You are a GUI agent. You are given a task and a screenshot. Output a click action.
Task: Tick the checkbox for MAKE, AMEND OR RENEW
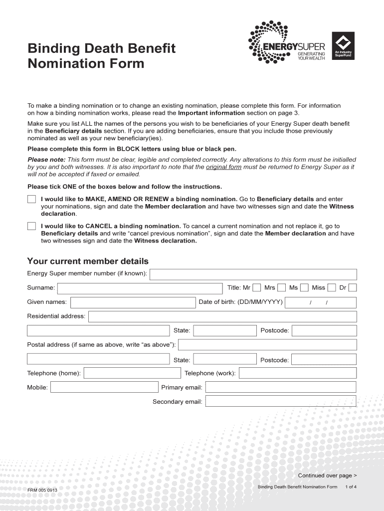point(31,199)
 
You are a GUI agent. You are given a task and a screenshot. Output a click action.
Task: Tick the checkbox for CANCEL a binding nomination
point(31,226)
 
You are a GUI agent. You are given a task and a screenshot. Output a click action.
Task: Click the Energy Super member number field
point(253,274)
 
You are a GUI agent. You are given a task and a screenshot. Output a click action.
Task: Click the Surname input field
point(140,288)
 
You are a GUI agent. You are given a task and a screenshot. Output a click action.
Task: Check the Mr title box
point(256,287)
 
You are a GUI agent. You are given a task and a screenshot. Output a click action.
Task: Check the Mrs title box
point(281,287)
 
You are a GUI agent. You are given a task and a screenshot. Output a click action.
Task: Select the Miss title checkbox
point(332,287)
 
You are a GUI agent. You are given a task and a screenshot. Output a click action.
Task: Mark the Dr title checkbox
point(353,287)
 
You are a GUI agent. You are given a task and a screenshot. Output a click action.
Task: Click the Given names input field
point(133,302)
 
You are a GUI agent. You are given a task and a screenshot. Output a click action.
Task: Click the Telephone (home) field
point(132,373)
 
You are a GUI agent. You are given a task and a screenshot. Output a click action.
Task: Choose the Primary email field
point(281,387)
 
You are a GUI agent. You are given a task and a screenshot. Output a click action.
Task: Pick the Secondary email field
point(281,401)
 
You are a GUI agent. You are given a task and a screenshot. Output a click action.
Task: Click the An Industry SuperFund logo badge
point(343,46)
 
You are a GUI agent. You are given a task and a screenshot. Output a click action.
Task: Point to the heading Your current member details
point(88,261)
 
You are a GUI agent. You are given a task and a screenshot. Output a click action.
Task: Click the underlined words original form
point(223,167)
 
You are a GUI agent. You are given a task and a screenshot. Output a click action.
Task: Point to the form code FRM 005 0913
point(42,490)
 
